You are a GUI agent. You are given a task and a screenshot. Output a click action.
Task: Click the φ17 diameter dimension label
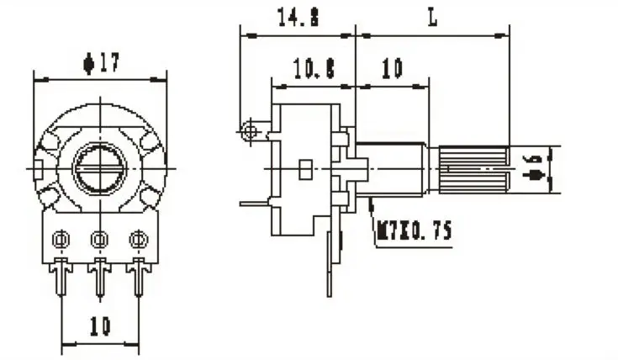[100, 62]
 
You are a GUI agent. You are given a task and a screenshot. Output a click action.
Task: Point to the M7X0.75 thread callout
[413, 230]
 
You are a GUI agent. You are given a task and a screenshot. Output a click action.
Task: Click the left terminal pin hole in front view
[61, 241]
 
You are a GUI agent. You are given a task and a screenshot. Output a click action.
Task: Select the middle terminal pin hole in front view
[99, 241]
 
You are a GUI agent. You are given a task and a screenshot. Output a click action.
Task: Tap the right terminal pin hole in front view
[137, 241]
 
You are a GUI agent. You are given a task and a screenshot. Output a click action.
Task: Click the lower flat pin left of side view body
[254, 203]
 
